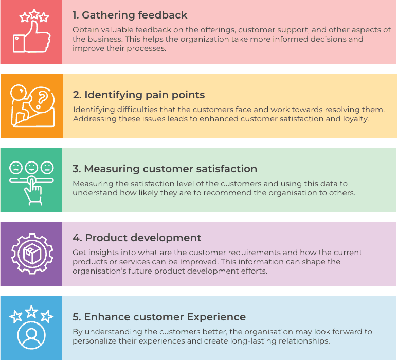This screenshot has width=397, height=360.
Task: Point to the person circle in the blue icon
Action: (31, 335)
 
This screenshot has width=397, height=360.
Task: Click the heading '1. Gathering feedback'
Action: (130, 15)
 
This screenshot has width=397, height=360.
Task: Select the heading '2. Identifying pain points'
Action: (139, 95)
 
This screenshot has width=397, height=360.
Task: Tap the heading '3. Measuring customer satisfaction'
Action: (165, 169)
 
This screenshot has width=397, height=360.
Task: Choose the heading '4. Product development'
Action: (137, 238)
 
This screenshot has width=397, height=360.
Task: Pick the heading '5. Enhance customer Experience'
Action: (159, 317)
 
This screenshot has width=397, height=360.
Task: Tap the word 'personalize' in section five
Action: (96, 341)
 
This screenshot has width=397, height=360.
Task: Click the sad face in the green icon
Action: (16, 167)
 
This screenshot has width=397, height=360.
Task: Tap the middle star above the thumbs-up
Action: (31, 13)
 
